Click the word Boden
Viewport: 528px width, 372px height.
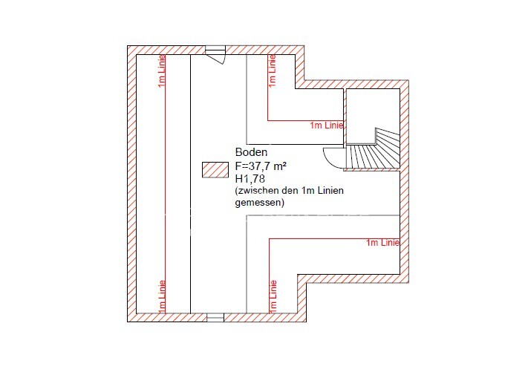tap(251, 152)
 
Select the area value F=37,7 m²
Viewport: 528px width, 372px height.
tap(261, 166)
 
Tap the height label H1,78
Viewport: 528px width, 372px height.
tap(250, 178)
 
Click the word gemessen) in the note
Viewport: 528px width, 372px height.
tap(260, 203)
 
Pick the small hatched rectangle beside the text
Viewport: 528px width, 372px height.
tap(215, 170)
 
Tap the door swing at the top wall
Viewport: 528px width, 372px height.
tap(217, 59)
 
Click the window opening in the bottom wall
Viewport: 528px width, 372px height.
tap(215, 317)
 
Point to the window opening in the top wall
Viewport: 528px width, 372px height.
tap(215, 50)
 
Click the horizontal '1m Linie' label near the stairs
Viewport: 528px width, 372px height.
tap(327, 125)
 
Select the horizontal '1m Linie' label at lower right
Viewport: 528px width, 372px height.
tap(383, 243)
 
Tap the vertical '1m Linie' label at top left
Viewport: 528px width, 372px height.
tap(162, 71)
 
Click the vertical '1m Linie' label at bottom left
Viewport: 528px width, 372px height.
tap(162, 297)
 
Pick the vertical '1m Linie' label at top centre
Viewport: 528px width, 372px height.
tap(272, 71)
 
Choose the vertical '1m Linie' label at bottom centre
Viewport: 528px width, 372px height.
tap(273, 297)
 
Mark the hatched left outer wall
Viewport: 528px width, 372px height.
tap(131, 184)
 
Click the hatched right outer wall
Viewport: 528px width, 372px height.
tap(405, 181)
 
